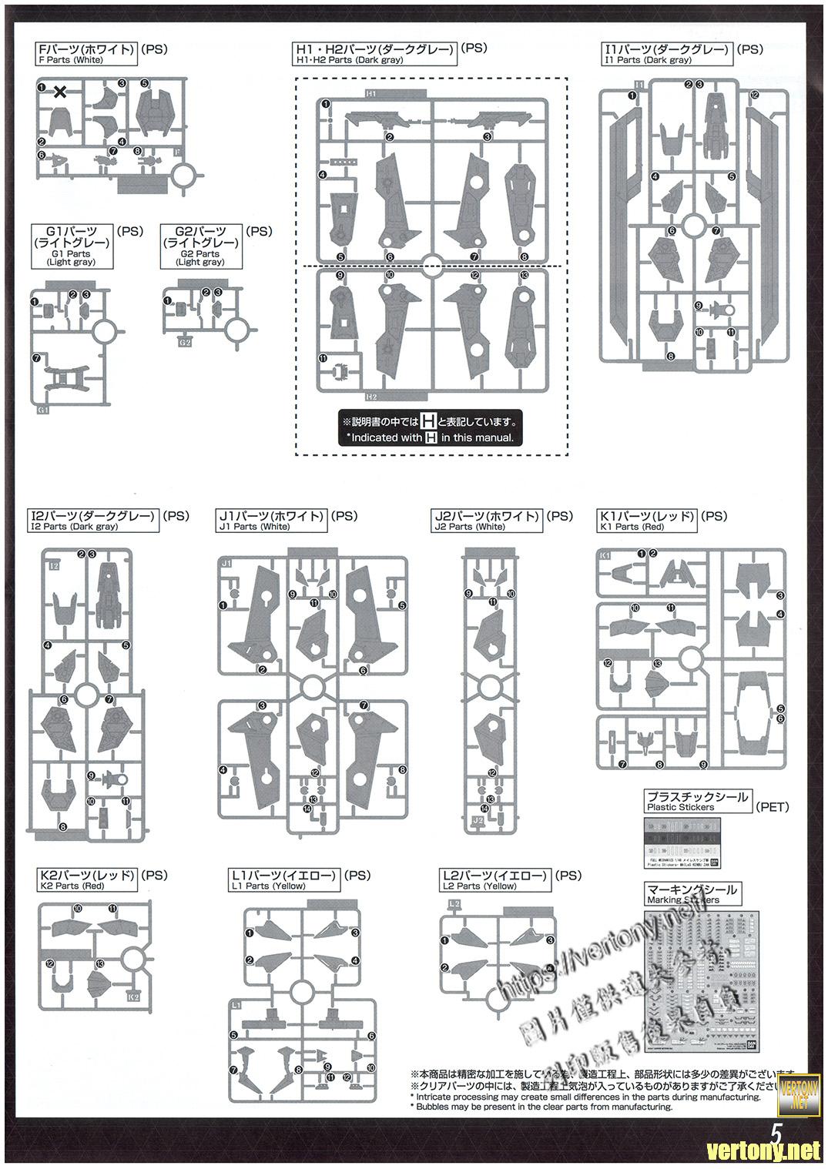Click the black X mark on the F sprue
[59, 92]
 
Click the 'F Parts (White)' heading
[87, 54]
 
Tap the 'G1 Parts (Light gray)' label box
[72, 246]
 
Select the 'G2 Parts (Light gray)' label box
[201, 246]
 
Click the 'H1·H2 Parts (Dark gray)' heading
[375, 54]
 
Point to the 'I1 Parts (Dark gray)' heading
[666, 54]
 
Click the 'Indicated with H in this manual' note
[430, 429]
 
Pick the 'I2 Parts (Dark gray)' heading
[93, 521]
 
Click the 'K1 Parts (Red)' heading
[648, 521]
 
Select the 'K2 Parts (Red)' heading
[87, 880]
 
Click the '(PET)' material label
[773, 807]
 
